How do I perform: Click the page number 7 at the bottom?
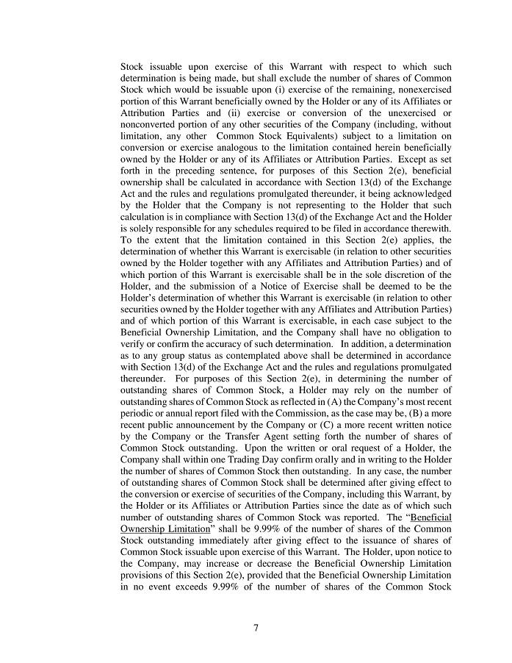click(x=256, y=627)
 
